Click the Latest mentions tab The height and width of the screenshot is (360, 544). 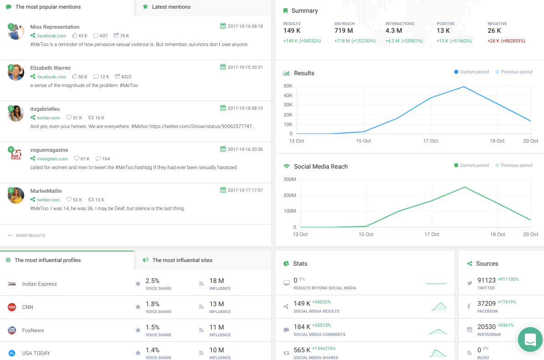tap(171, 7)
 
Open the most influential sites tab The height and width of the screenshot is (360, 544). tap(182, 260)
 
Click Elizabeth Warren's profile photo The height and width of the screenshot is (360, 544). tap(16, 72)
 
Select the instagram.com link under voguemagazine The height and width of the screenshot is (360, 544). tap(52, 159)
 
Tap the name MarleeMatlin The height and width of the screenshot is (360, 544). tap(46, 191)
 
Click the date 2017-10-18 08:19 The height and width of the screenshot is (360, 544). tap(245, 108)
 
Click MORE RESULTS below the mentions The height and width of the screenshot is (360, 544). tap(30, 236)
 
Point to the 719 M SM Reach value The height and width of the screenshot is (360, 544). tap(343, 31)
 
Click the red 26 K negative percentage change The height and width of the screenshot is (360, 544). tap(506, 41)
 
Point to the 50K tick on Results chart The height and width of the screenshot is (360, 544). tap(288, 86)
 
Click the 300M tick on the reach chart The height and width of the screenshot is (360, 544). tap(290, 179)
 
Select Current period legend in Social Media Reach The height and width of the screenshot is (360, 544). tap(474, 165)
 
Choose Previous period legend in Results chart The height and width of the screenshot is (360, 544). tap(516, 72)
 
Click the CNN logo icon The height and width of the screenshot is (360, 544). tap(12, 307)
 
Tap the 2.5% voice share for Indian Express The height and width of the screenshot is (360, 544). tap(152, 281)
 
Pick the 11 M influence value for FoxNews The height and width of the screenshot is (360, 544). tap(217, 327)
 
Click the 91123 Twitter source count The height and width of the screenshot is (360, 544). tap(486, 280)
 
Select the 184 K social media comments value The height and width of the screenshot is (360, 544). tap(302, 326)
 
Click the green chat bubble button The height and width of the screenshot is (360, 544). tap(530, 339)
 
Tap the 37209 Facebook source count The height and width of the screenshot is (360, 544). tap(486, 303)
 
